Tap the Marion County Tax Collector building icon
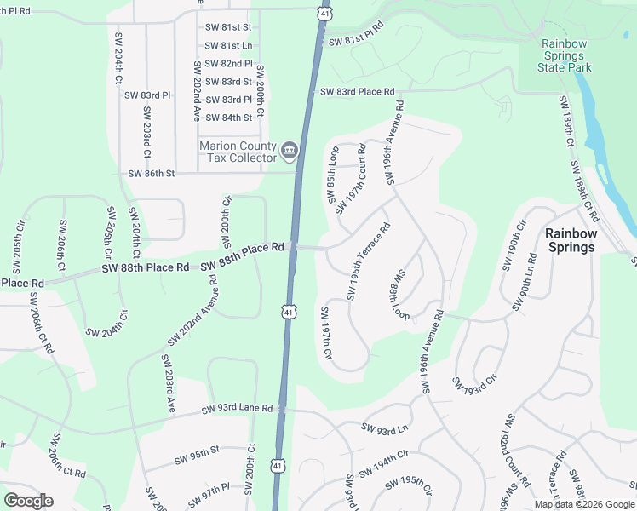pyautogui.click(x=290, y=152)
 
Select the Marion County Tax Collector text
pyautogui.click(x=238, y=152)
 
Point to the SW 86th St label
pyautogui.click(x=151, y=174)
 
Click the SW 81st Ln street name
pyautogui.click(x=228, y=45)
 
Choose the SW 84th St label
pyautogui.click(x=228, y=118)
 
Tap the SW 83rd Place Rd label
pyautogui.click(x=357, y=92)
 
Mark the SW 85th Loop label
pyautogui.click(x=333, y=175)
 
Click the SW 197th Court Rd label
pyautogui.click(x=351, y=180)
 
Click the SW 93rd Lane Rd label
pyautogui.click(x=237, y=410)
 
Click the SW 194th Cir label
pyautogui.click(x=384, y=465)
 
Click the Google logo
pyautogui.click(x=28, y=501)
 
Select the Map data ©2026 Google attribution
pyautogui.click(x=583, y=504)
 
